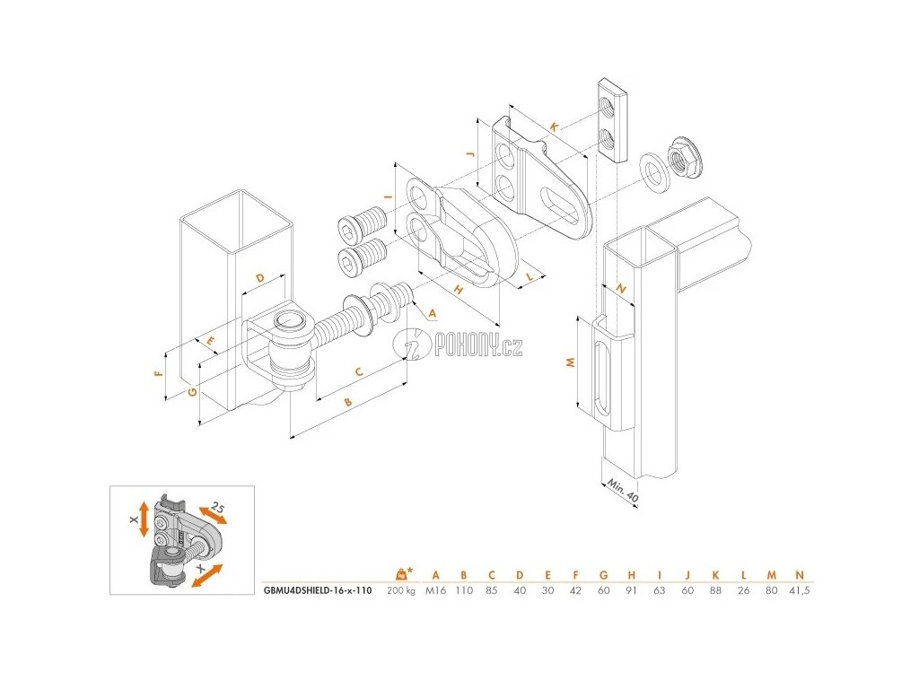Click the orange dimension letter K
(554, 129)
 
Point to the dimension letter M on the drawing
(568, 362)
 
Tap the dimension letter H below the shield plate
(457, 289)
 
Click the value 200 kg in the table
(400, 590)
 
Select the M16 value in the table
(436, 590)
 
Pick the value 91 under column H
(632, 590)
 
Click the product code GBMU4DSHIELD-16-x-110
(319, 590)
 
